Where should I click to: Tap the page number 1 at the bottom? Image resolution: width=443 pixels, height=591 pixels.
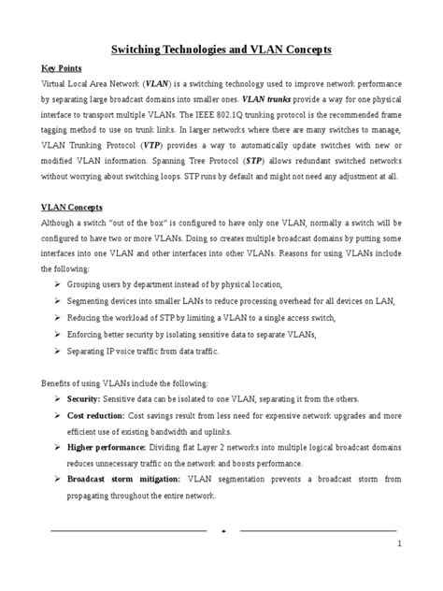click(398, 543)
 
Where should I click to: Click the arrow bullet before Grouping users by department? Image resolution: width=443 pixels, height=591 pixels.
click(59, 283)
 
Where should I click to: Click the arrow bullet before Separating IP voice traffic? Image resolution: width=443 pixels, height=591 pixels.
click(59, 352)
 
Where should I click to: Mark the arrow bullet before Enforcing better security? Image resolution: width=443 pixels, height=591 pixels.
click(59, 335)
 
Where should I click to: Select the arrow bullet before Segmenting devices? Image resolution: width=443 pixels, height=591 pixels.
click(59, 300)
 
